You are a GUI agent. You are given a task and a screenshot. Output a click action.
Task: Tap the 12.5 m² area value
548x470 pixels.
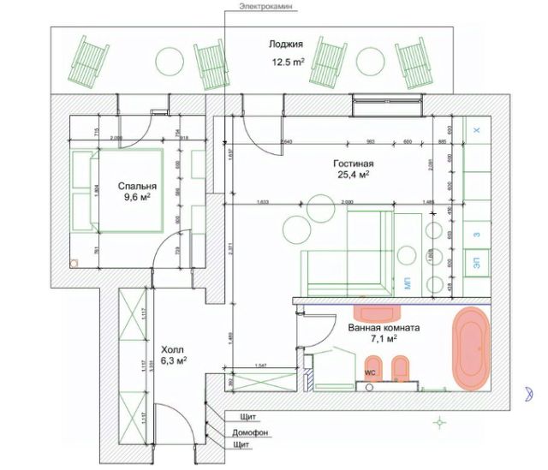(x=289, y=62)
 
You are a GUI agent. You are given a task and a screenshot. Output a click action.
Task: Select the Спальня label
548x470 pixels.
(x=137, y=184)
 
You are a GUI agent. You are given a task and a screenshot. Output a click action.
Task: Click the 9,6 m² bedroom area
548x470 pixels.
(x=137, y=197)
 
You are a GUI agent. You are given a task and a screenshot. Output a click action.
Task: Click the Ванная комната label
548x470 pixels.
(x=384, y=327)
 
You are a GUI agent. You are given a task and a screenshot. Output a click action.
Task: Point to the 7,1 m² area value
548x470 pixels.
(x=384, y=340)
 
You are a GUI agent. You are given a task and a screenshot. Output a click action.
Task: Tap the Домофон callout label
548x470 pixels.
(x=250, y=432)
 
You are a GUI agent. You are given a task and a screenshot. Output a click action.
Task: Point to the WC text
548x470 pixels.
(x=371, y=373)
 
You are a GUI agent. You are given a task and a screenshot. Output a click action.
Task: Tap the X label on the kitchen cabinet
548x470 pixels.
(x=478, y=128)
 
